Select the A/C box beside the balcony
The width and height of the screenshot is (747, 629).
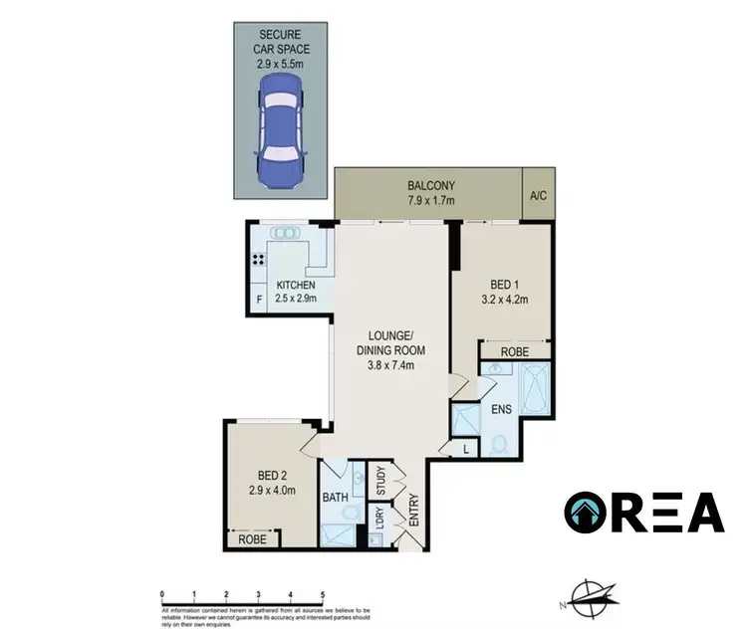(537, 196)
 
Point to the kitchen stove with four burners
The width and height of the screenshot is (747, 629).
(258, 262)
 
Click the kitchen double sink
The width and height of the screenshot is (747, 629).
(286, 234)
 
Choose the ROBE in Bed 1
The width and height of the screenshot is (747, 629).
(514, 351)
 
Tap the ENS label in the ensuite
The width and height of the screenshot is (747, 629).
(500, 408)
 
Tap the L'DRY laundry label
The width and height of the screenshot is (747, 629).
(378, 519)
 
